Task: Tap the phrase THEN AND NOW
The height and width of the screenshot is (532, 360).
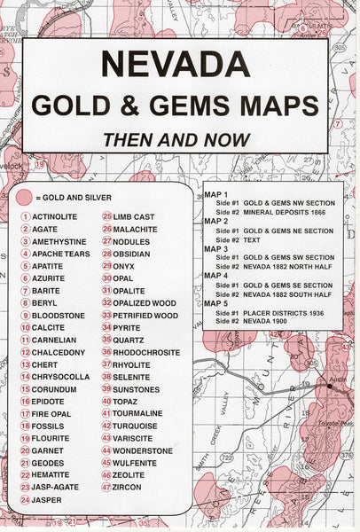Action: pyautogui.click(x=175, y=139)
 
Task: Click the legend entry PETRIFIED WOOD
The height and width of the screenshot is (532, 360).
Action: pyautogui.click(x=145, y=315)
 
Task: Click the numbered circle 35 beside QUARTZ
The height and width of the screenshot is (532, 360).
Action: pyautogui.click(x=106, y=340)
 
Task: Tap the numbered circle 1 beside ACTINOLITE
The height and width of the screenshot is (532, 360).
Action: pyautogui.click(x=26, y=216)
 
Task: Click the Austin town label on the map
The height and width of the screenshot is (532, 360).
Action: pyautogui.click(x=338, y=378)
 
